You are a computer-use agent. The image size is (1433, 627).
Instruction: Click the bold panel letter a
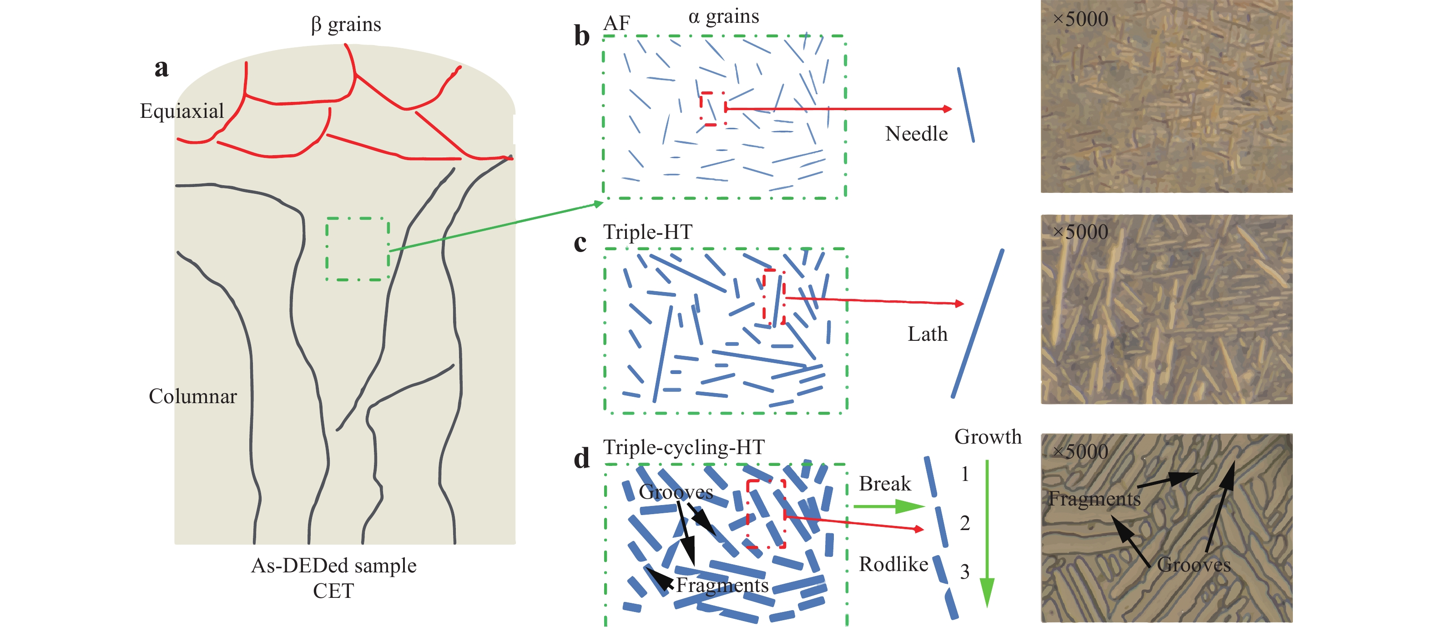click(161, 68)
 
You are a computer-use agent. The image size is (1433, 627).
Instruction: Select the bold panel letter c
click(580, 243)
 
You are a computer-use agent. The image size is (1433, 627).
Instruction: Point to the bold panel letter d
click(582, 459)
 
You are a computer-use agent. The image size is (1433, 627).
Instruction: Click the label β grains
click(346, 25)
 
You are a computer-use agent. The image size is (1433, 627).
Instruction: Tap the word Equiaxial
click(182, 111)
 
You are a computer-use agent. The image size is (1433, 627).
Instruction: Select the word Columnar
click(192, 396)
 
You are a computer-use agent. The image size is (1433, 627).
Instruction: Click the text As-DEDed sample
click(334, 566)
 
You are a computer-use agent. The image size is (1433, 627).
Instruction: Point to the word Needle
click(916, 134)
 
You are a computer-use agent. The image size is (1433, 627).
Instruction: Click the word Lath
click(927, 334)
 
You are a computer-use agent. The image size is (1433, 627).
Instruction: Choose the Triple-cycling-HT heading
click(684, 447)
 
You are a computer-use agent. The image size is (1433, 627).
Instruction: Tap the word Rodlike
click(893, 564)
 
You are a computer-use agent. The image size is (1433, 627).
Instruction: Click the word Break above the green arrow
click(884, 484)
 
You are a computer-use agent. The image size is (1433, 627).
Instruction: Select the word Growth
click(988, 437)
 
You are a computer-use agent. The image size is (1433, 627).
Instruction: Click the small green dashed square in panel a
click(358, 249)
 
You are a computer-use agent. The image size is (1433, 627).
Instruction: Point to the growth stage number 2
click(964, 523)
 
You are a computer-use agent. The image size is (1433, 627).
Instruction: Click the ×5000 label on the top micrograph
click(1080, 20)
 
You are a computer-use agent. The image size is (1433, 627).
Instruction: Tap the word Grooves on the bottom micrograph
click(1193, 565)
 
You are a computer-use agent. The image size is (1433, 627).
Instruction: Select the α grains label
click(723, 17)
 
